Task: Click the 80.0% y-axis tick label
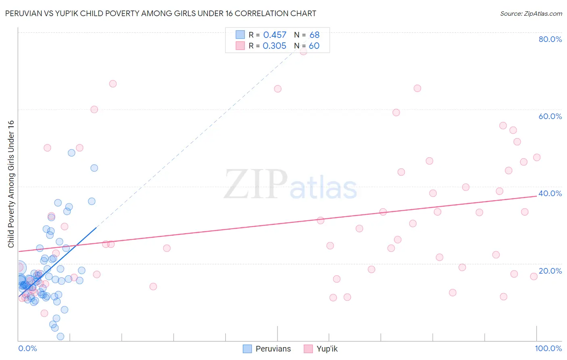550,39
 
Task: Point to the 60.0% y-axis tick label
550,116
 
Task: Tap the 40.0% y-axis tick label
550,193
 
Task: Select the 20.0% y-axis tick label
550,271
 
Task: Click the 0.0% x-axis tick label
27,348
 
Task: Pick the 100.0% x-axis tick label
548,348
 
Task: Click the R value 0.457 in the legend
275,35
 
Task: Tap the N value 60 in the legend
314,46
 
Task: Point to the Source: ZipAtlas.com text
531,14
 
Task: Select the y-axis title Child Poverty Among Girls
11,184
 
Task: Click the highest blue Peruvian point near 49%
71,153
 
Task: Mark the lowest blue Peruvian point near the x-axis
60,336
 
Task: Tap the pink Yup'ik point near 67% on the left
113,84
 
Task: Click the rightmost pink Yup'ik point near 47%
537,157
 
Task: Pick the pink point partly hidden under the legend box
303,52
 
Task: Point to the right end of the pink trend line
537,196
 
